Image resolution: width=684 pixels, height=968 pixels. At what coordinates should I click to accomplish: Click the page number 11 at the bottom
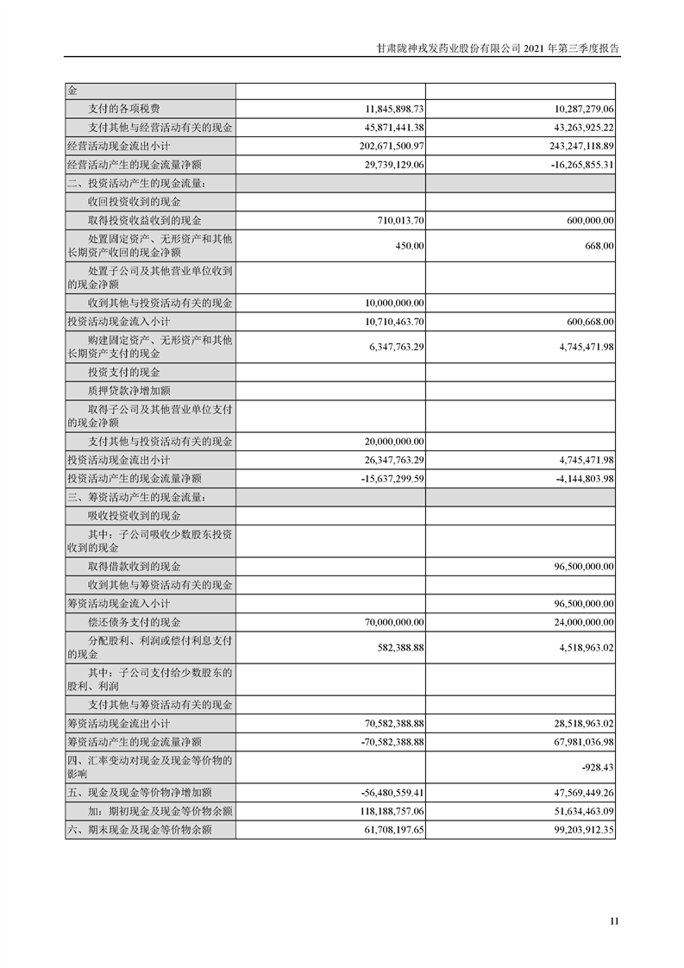point(614,921)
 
